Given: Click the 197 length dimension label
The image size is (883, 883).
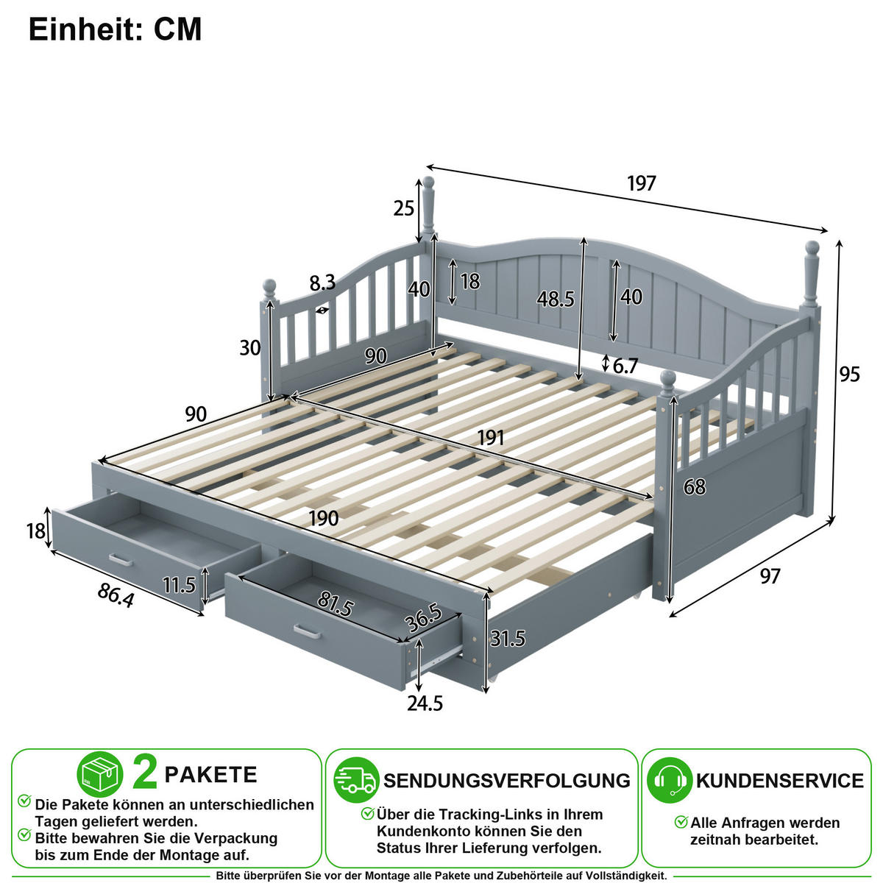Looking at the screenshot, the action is [641, 183].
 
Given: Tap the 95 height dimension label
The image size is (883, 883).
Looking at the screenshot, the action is [849, 375].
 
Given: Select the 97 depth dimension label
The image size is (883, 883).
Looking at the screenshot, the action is [770, 576].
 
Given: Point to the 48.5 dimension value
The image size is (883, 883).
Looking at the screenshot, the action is [556, 299].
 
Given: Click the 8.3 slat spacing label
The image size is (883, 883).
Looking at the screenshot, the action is [322, 283].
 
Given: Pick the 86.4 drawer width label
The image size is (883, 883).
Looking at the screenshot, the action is [116, 596].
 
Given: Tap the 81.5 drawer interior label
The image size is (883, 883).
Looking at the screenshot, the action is [335, 604].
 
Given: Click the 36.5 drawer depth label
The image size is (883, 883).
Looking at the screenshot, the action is [423, 618].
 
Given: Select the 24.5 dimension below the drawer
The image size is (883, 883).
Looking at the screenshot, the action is [425, 703].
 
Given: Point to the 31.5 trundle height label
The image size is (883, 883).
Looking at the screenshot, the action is [507, 639].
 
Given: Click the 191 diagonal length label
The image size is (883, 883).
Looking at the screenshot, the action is [491, 438].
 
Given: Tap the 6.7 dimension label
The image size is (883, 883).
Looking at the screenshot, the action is [625, 366].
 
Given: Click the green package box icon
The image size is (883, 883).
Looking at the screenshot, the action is [99, 774].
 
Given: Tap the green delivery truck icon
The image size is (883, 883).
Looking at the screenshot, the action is [356, 780].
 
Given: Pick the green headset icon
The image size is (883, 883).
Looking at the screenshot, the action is [670, 780].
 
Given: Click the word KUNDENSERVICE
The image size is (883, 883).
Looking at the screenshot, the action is [779, 781].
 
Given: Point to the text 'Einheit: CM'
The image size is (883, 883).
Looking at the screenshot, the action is [115, 29].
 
